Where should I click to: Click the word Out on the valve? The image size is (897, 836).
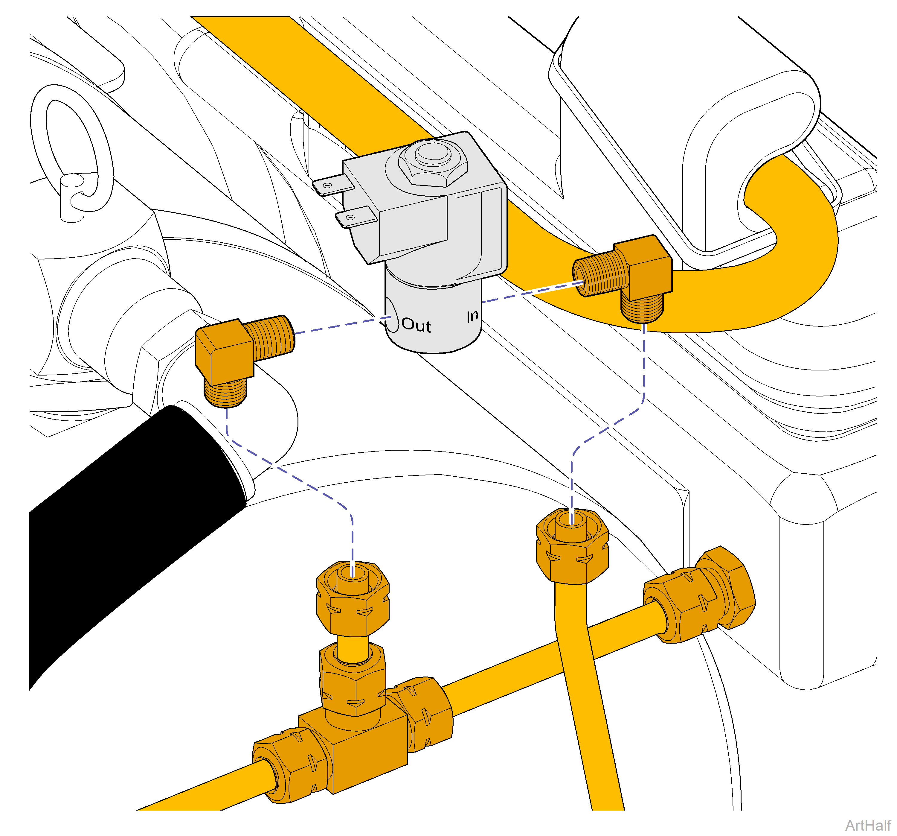click(x=416, y=325)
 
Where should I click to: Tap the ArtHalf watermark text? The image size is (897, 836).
click(x=867, y=825)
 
